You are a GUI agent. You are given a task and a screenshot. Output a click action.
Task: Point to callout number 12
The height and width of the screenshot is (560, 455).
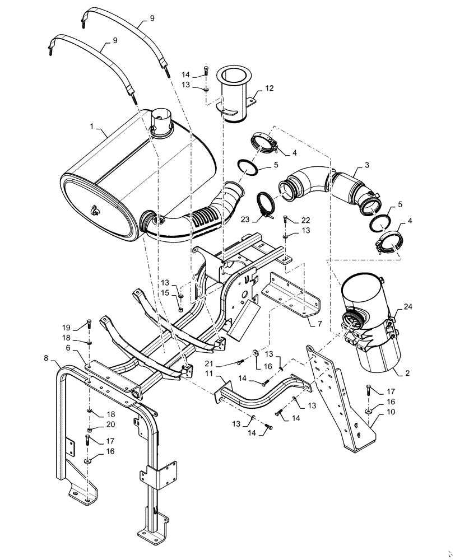coord(270,88)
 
